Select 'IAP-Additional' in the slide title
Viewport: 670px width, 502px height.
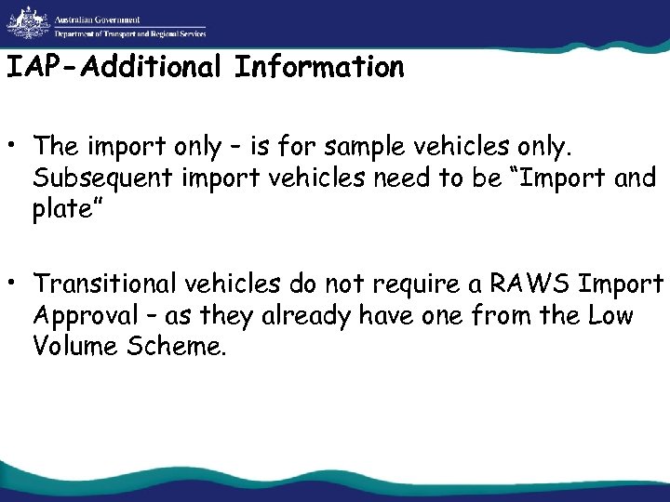[x=115, y=67]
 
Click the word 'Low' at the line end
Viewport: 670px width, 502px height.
[x=610, y=316]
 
